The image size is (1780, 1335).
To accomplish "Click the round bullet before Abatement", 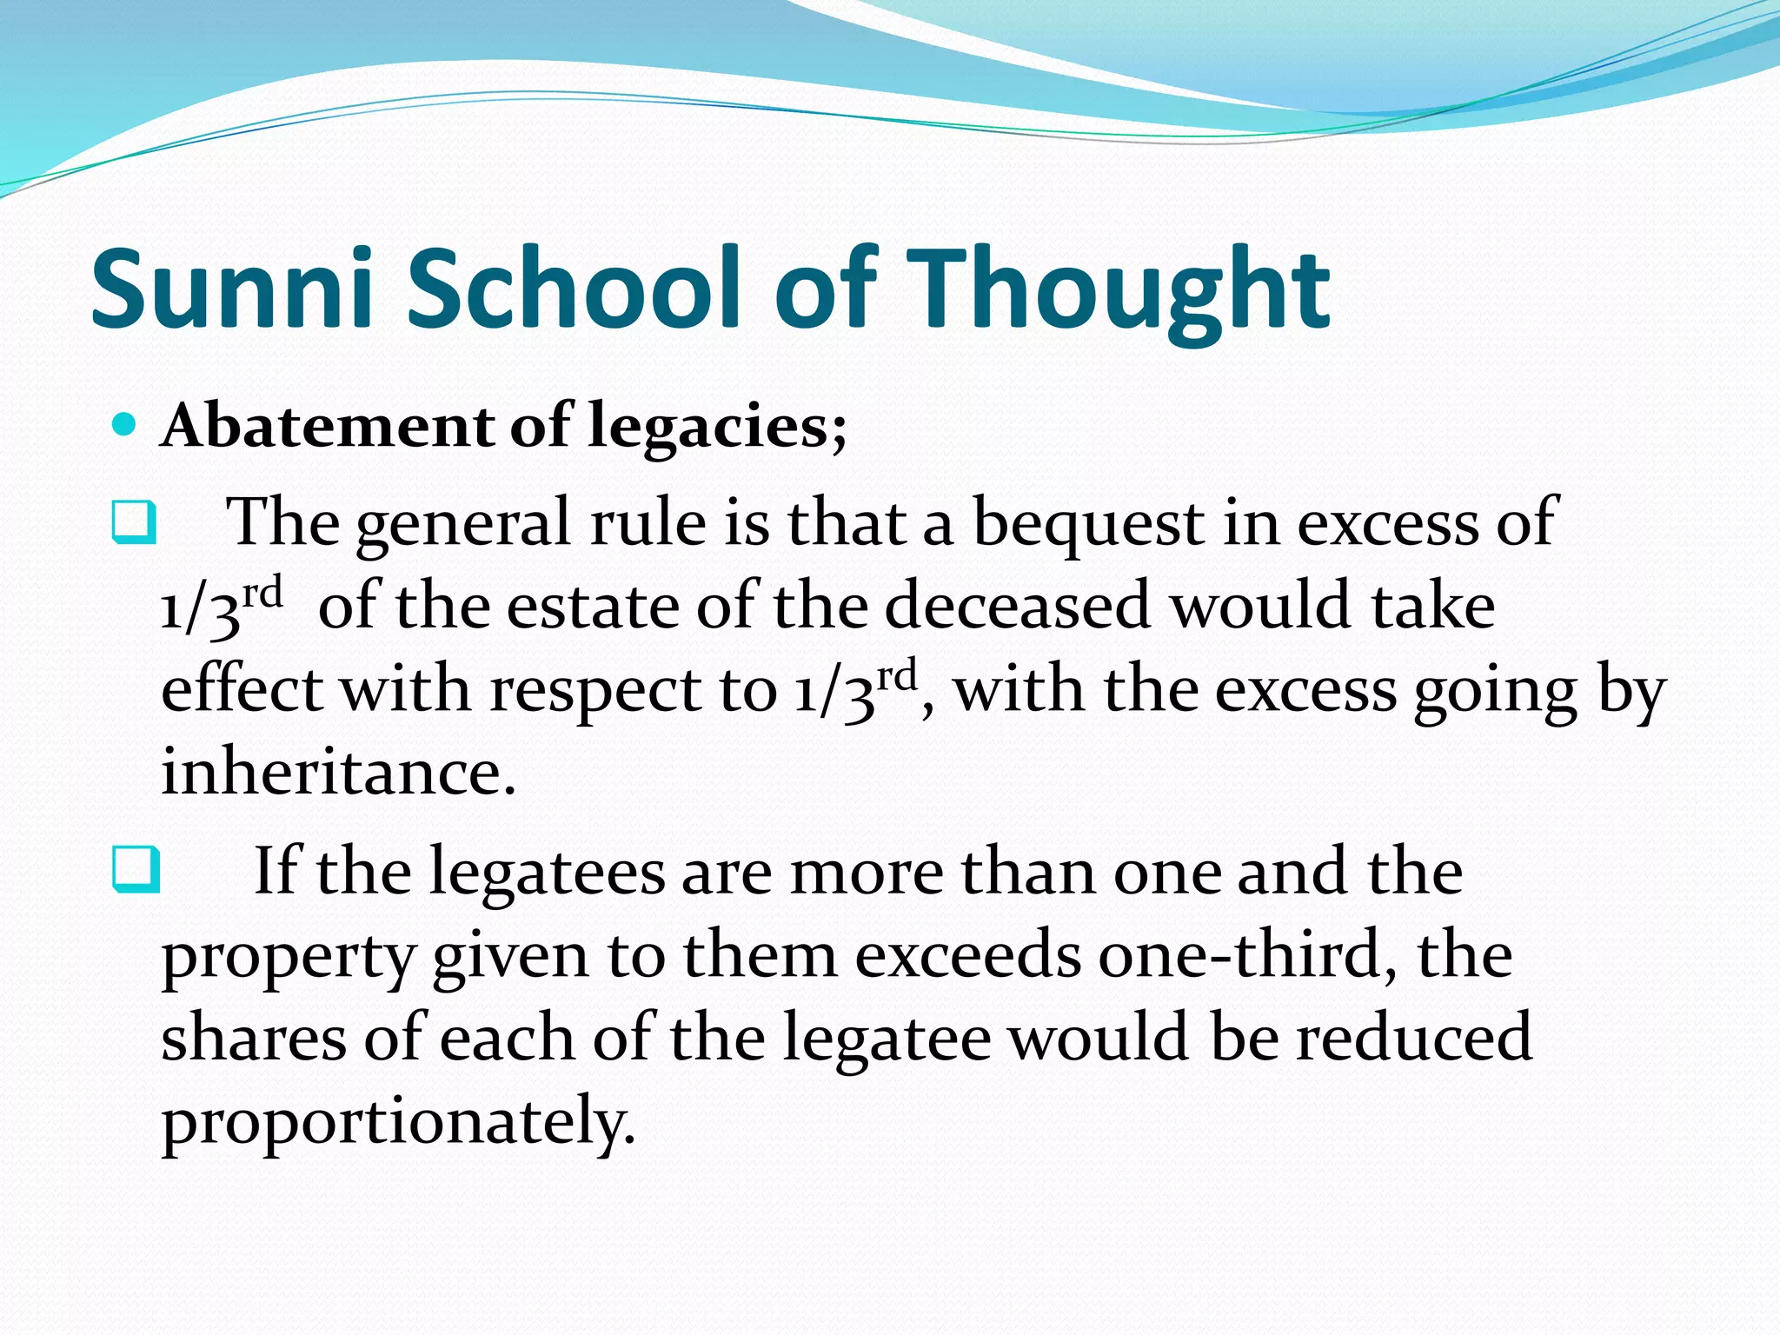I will tap(125, 425).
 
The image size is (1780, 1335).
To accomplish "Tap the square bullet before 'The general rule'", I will tap(134, 522).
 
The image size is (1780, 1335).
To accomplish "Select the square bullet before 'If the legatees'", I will tap(136, 870).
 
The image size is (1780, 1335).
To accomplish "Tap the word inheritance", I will tap(338, 772).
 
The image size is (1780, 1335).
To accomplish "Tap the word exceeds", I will tap(967, 954).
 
